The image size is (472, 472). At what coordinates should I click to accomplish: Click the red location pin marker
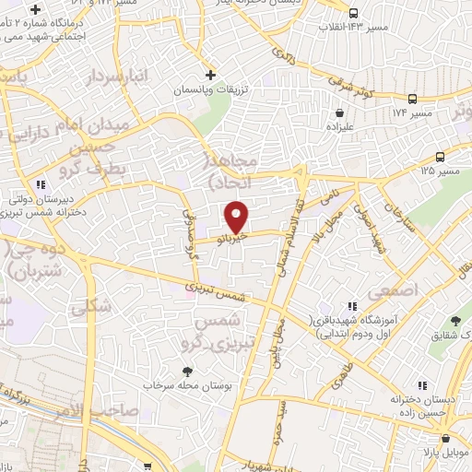tap(238, 218)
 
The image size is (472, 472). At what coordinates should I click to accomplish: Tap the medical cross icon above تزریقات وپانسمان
tap(210, 74)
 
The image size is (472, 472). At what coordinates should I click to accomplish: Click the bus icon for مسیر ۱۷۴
tap(413, 98)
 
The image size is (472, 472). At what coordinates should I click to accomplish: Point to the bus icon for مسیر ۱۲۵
tap(441, 157)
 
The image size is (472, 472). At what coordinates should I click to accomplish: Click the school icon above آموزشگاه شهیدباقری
tap(352, 304)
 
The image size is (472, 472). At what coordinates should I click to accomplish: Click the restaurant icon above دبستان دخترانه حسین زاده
tap(420, 384)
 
